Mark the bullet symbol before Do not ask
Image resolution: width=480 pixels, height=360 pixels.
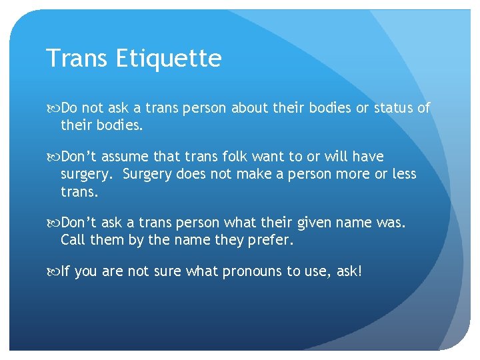pyautogui.click(x=53, y=108)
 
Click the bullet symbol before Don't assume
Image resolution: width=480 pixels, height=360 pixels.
pyautogui.click(x=53, y=157)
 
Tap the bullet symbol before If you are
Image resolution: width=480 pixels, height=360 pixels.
pyautogui.click(x=53, y=272)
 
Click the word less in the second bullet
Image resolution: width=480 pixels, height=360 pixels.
pyautogui.click(x=402, y=174)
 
